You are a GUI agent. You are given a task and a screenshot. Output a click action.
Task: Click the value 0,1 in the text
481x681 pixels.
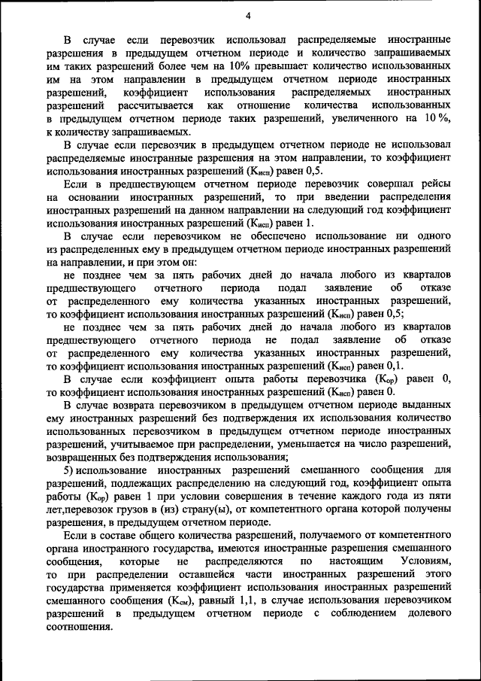384,366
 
